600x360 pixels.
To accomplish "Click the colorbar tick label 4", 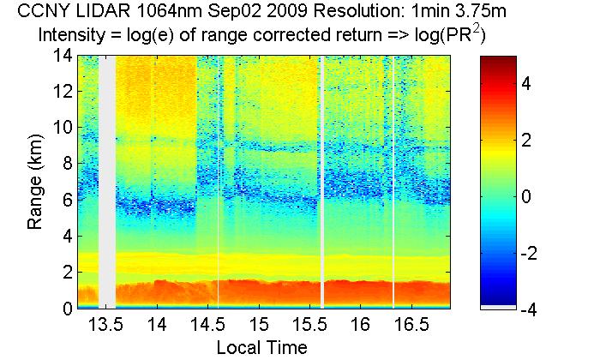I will point(529,84).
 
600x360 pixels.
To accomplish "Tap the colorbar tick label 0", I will point(529,196).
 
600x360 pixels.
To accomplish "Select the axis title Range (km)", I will point(35,182).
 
